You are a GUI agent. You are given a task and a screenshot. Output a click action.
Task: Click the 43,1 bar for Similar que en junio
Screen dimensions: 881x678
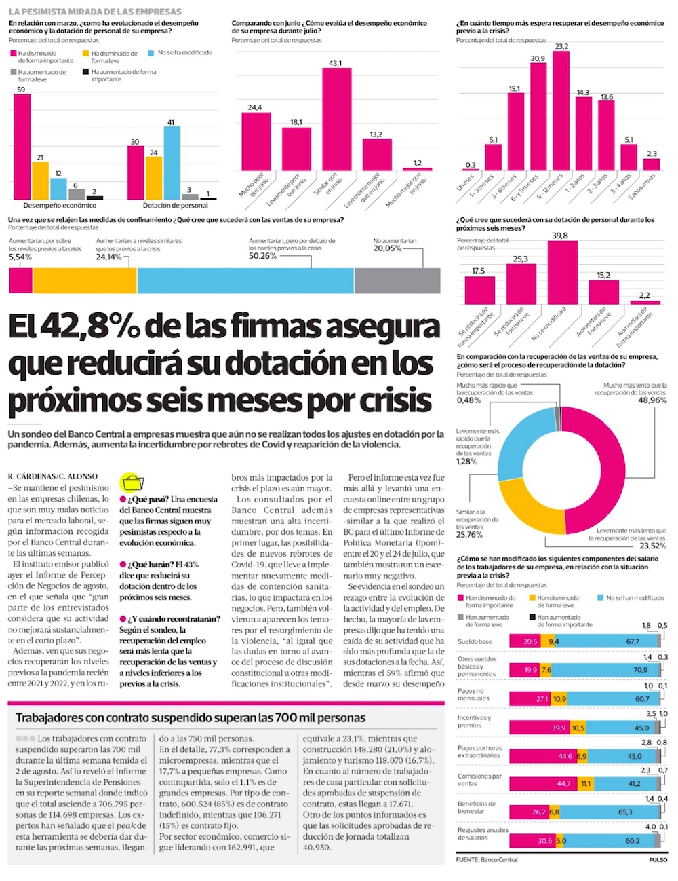point(336,119)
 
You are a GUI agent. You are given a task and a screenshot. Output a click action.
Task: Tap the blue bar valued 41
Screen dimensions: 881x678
point(172,162)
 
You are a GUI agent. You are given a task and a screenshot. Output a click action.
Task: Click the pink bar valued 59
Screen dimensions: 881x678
point(22,146)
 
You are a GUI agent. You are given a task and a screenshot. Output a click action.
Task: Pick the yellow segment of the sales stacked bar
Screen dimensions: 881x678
point(85,280)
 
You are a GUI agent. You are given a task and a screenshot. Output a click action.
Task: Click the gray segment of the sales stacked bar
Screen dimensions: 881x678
point(397,280)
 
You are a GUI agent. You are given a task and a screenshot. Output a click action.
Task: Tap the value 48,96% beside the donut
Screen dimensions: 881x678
point(652,400)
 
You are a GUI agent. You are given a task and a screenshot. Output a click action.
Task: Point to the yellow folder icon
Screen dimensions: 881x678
point(132,483)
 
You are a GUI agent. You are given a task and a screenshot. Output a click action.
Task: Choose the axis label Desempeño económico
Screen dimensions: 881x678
point(60,205)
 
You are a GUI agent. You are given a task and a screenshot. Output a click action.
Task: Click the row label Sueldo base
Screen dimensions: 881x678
point(475,641)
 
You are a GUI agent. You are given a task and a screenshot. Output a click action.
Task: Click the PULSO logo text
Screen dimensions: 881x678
point(657,859)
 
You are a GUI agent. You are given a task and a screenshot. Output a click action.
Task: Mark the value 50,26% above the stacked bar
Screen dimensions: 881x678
point(262,256)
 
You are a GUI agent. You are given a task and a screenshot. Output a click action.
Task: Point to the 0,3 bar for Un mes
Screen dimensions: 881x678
point(471,169)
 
